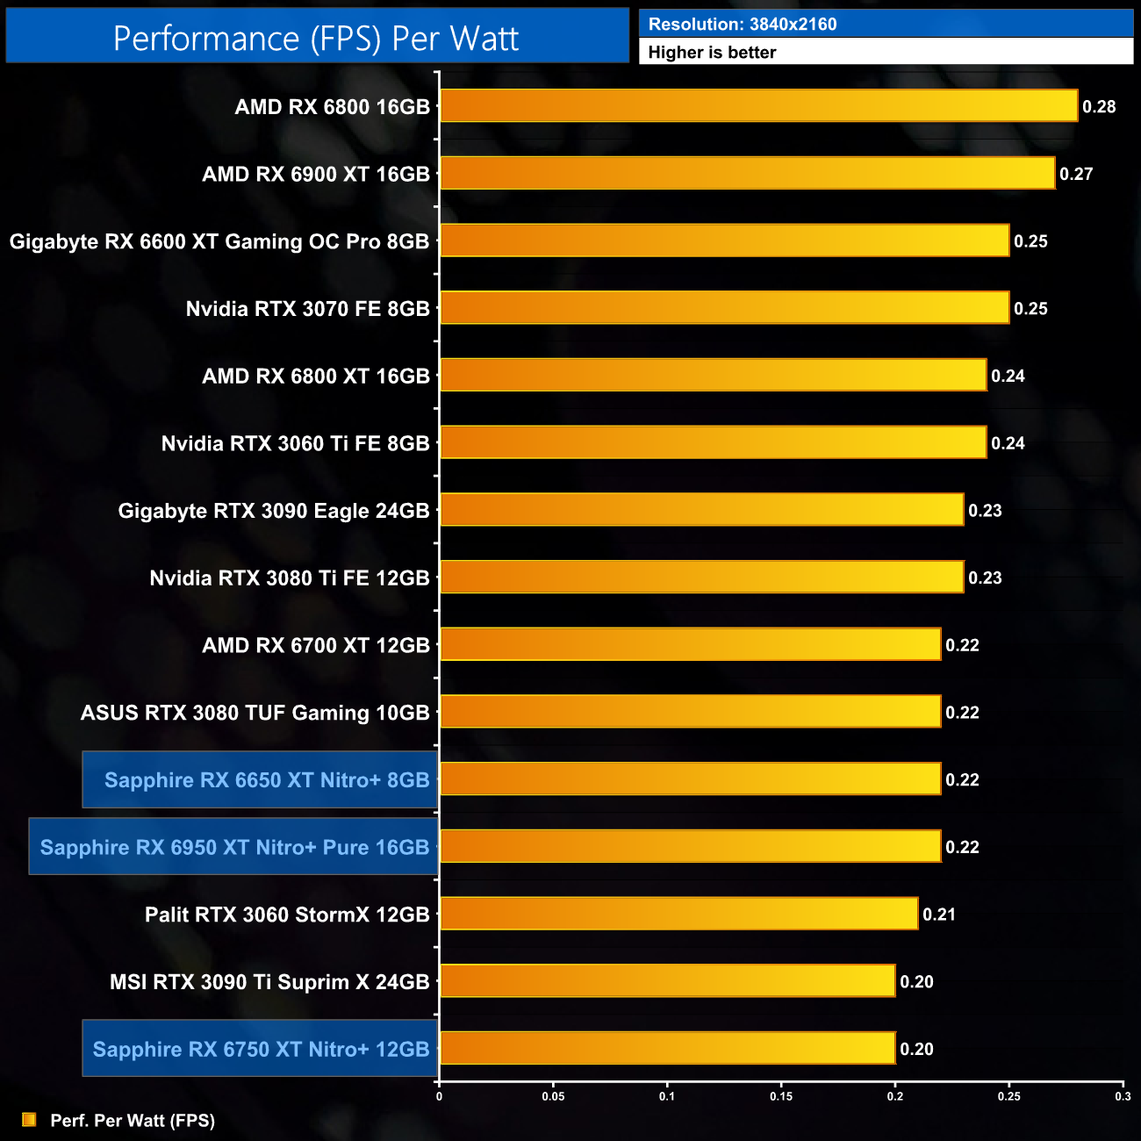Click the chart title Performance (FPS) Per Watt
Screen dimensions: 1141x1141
(x=316, y=38)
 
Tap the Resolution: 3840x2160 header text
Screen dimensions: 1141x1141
(x=743, y=24)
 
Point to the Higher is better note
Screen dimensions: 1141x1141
(x=712, y=52)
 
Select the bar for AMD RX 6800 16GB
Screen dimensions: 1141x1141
(x=758, y=106)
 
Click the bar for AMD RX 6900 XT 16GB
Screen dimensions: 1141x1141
(x=747, y=174)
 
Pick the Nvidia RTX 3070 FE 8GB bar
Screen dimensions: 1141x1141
(x=724, y=308)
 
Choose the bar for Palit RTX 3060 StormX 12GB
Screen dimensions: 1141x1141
(x=678, y=914)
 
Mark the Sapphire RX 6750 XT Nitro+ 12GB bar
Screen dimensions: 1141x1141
(x=667, y=1048)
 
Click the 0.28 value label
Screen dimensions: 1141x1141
(x=1099, y=106)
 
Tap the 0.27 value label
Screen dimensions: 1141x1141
(x=1076, y=174)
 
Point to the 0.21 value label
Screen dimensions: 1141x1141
(x=939, y=914)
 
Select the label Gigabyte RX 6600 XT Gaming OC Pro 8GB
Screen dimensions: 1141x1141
(x=219, y=241)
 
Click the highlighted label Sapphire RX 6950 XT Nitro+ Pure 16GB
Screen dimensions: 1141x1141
(x=234, y=847)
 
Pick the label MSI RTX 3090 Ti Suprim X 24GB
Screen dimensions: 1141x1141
(x=269, y=981)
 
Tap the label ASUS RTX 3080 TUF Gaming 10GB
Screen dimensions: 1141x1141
(x=255, y=712)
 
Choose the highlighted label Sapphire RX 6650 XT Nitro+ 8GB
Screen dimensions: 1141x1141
(x=267, y=779)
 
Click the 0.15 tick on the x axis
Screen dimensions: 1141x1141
(x=781, y=1096)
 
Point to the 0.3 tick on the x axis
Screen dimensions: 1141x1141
(x=1123, y=1096)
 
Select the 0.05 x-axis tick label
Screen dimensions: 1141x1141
(x=553, y=1096)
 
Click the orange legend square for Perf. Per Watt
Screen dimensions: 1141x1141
(x=29, y=1120)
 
